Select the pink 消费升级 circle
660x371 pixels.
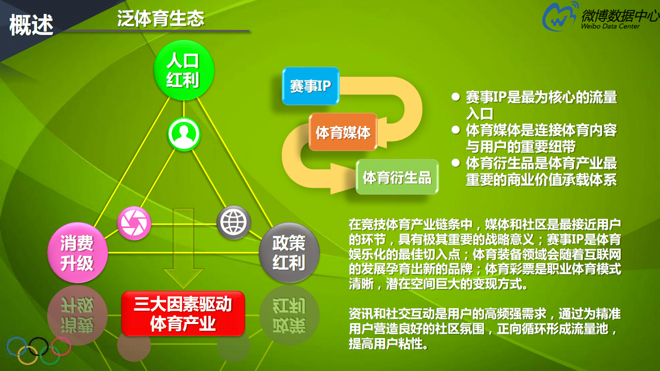pyautogui.click(x=77, y=253)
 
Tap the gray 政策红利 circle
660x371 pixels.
pyautogui.click(x=289, y=253)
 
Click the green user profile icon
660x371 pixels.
pyautogui.click(x=183, y=135)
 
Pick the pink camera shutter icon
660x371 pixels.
pyautogui.click(x=134, y=223)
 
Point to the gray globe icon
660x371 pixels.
pyautogui.click(x=233, y=222)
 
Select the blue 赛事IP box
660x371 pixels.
pyautogui.click(x=310, y=86)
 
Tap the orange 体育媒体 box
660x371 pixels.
pyautogui.click(x=343, y=132)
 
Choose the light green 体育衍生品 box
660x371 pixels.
pyautogui.click(x=397, y=178)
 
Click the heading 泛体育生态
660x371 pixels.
pyautogui.click(x=160, y=19)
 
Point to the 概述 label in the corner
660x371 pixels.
pyautogui.click(x=31, y=24)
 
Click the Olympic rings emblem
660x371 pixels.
pyautogui.click(x=38, y=350)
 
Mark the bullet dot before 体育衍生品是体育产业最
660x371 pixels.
pyautogui.click(x=455, y=163)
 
